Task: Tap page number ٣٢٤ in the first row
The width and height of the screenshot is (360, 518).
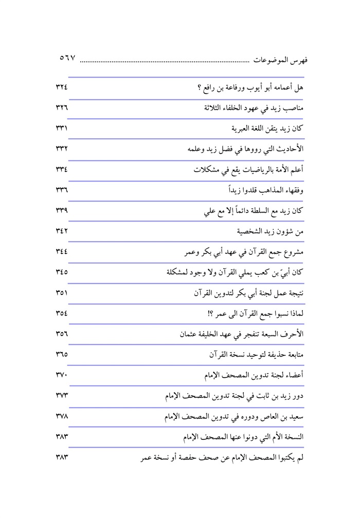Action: (x=62, y=86)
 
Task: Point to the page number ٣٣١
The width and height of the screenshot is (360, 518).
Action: (x=62, y=128)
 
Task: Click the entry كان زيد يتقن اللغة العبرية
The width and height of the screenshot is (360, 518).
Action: (x=266, y=128)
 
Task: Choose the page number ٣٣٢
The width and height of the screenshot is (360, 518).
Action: (x=62, y=150)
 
